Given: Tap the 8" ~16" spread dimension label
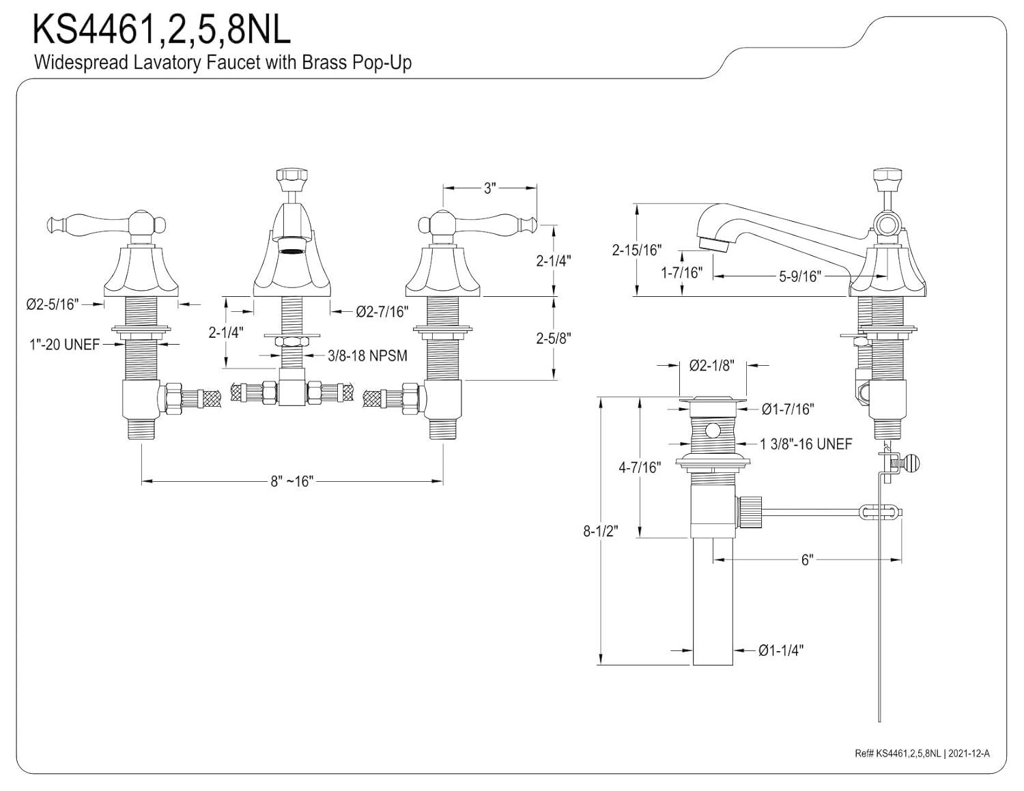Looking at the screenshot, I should pyautogui.click(x=291, y=482).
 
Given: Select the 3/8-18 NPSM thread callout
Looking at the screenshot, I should pyautogui.click(x=367, y=356).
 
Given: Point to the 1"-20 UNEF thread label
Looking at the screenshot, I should pyautogui.click(x=64, y=345).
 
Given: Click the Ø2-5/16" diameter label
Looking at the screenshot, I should pyautogui.click(x=53, y=304).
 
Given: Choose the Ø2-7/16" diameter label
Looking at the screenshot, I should pyautogui.click(x=382, y=312).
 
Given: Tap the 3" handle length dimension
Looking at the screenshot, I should pyautogui.click(x=489, y=188).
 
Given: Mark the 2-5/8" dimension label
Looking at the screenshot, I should pyautogui.click(x=553, y=337).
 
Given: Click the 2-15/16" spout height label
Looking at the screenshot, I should pyautogui.click(x=636, y=250).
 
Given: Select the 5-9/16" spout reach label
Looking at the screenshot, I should pyautogui.click(x=799, y=276).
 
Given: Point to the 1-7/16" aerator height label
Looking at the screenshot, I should pyautogui.click(x=681, y=273).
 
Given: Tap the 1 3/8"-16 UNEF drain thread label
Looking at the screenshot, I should pyautogui.click(x=806, y=444).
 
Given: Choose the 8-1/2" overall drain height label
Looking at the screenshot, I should pyautogui.click(x=600, y=530).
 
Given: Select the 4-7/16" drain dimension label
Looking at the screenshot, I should pyautogui.click(x=640, y=468).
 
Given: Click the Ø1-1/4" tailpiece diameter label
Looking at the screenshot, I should pyautogui.click(x=780, y=650).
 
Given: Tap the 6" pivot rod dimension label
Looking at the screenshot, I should pyautogui.click(x=808, y=560).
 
